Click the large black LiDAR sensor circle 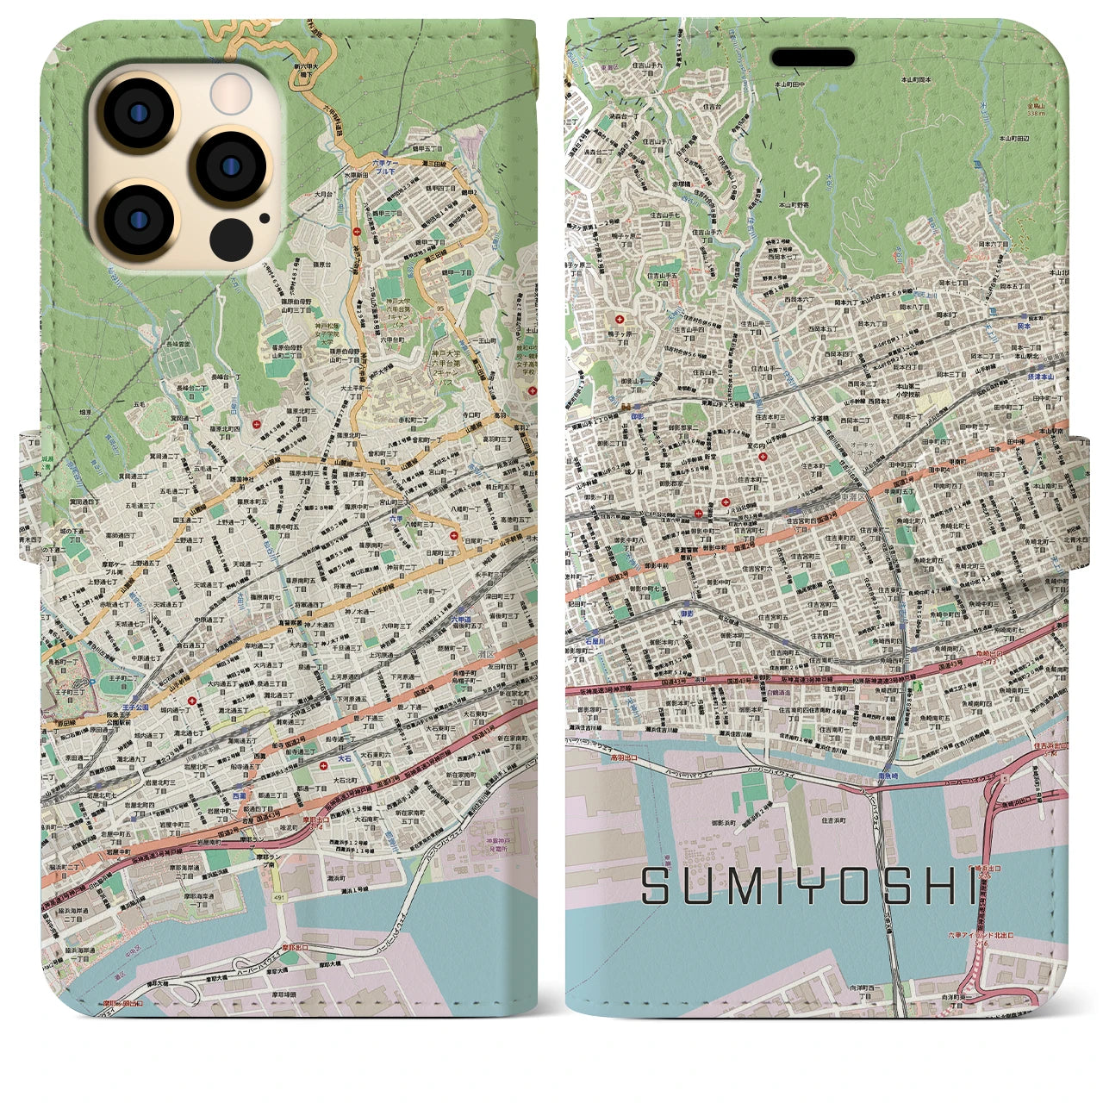point(231,236)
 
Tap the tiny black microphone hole point(264,219)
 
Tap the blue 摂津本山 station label point(1038,377)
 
